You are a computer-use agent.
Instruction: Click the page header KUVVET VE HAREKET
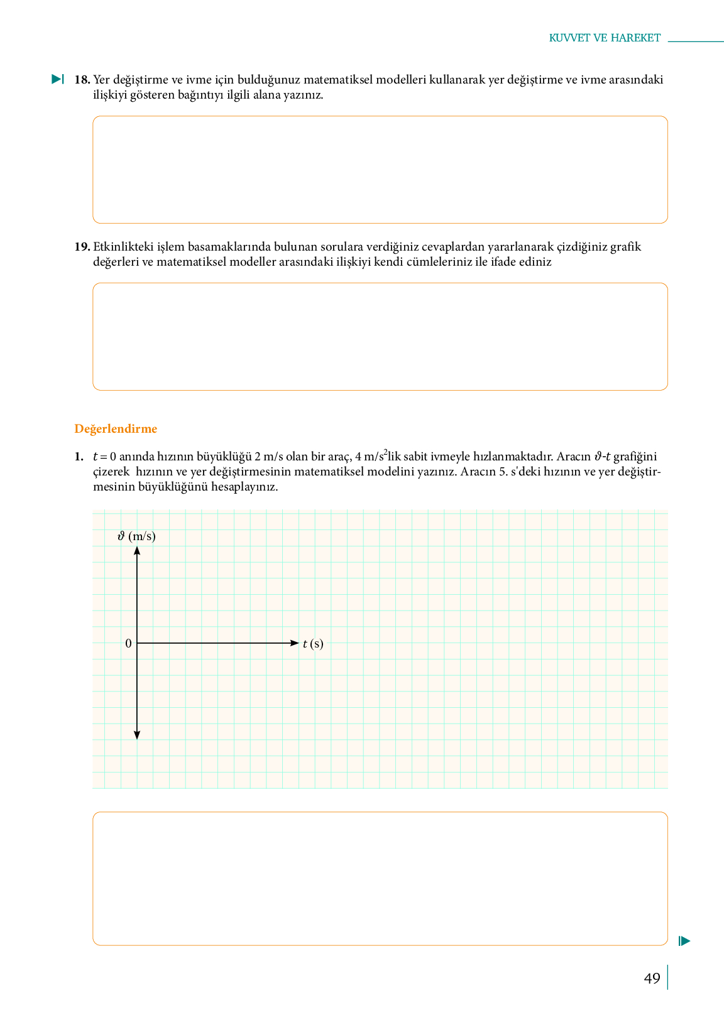click(605, 38)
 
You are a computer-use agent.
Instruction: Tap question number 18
click(82, 80)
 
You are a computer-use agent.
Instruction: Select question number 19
click(82, 247)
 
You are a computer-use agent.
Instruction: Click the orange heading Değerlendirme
click(116, 429)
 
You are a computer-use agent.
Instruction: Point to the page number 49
click(652, 979)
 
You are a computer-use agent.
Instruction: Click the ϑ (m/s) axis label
click(136, 536)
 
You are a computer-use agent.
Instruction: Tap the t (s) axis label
click(313, 644)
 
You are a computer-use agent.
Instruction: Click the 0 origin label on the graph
click(128, 644)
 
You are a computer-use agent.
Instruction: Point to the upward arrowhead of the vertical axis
click(137, 551)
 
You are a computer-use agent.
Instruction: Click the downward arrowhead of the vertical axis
click(137, 735)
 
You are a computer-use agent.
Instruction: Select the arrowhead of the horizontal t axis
click(295, 643)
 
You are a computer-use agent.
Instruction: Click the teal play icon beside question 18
click(57, 79)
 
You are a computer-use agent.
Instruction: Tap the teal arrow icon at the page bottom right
click(684, 941)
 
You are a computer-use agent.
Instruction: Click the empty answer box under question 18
click(380, 170)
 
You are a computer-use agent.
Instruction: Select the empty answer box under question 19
click(380, 337)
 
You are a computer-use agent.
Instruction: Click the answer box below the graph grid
click(380, 878)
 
